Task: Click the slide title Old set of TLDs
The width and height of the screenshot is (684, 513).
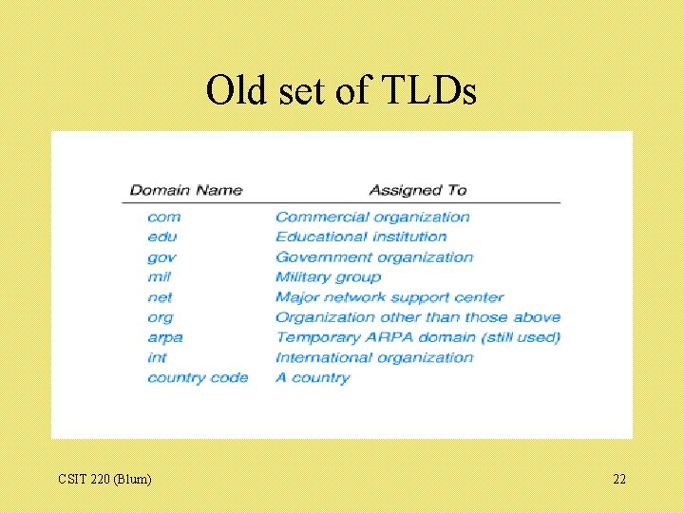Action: click(341, 91)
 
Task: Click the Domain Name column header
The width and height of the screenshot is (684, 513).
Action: click(185, 190)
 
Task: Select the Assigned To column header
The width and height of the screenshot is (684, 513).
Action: click(418, 190)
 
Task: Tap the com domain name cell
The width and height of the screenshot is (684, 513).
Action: click(163, 217)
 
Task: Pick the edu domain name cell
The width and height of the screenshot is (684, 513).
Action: click(161, 237)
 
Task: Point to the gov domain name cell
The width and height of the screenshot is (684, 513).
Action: click(161, 257)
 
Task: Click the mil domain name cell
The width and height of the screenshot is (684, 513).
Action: click(159, 277)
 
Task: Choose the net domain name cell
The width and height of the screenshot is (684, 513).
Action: click(160, 297)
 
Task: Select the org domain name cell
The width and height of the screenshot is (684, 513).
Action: click(160, 317)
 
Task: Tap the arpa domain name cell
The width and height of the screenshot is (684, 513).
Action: click(164, 337)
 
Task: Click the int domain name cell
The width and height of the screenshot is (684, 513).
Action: click(157, 357)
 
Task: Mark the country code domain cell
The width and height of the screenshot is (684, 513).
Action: click(198, 377)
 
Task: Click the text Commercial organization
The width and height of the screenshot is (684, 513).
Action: click(372, 217)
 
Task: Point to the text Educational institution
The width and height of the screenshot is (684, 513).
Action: click(361, 237)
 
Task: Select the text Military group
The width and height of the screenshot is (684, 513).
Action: click(328, 277)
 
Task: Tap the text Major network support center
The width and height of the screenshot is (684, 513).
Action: click(389, 297)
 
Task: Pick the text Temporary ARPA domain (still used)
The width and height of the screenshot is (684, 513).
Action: click(418, 337)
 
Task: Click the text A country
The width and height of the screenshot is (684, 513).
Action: click(313, 377)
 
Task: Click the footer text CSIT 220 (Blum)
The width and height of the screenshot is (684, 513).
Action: click(104, 479)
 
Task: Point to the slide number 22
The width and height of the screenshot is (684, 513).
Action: click(619, 479)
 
